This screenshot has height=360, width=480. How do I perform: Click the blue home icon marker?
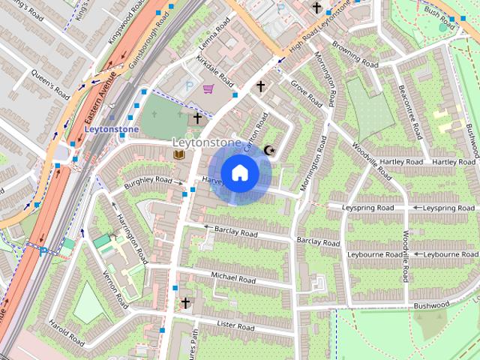(x=239, y=173)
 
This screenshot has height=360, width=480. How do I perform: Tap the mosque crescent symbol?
(x=270, y=151)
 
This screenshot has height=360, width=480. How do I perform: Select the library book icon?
(x=178, y=154)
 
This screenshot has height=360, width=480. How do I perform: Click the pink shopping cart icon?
(x=208, y=89)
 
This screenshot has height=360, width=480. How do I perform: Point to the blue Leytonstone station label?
(x=111, y=128)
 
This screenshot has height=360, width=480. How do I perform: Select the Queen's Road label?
(x=50, y=84)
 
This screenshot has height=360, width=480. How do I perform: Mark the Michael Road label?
(x=233, y=278)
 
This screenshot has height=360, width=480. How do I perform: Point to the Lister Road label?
(x=235, y=326)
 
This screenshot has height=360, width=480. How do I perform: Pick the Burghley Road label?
(x=148, y=181)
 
